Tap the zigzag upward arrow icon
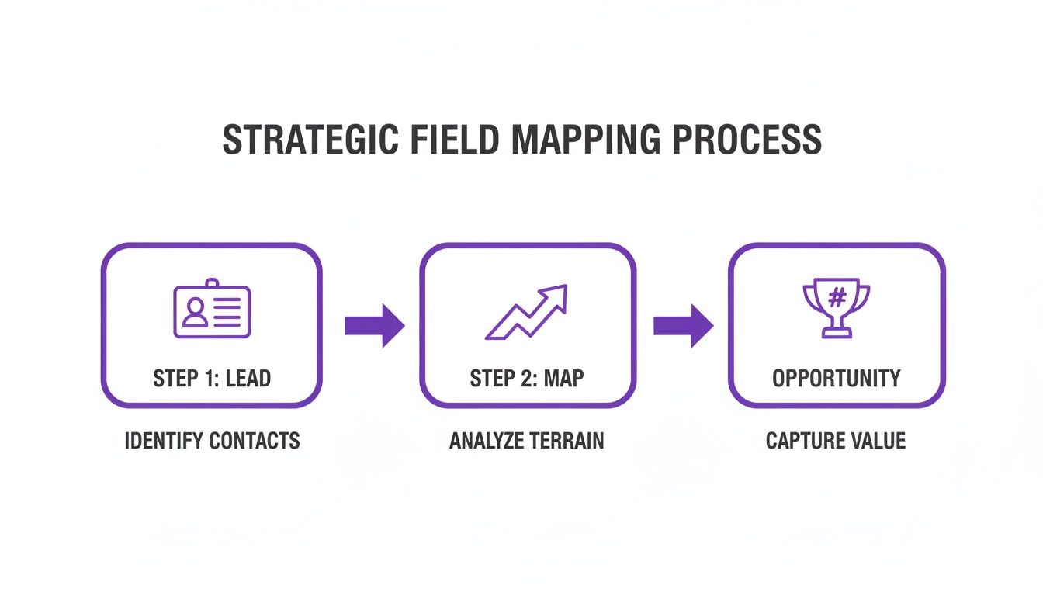pos(527,312)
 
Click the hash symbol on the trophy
pos(837,297)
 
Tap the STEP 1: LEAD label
pos(212,379)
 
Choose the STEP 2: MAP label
pos(527,379)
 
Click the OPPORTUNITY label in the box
pos(837,379)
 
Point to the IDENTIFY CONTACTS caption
pos(212,442)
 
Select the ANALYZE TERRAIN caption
pos(526,442)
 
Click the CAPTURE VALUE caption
pos(836,442)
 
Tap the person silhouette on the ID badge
pos(195,312)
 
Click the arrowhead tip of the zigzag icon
pos(563,289)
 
